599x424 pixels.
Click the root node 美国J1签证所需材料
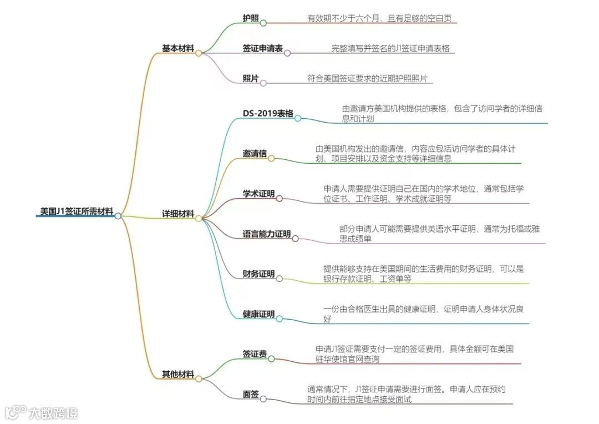click(x=77, y=211)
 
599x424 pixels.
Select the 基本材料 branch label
click(x=177, y=48)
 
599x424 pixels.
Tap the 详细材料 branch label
click(x=177, y=214)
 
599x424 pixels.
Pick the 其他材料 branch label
click(x=177, y=375)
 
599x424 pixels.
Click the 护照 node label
click(x=251, y=18)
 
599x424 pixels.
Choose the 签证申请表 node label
click(x=262, y=49)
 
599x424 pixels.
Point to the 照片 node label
click(x=251, y=79)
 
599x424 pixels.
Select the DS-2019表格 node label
click(x=268, y=114)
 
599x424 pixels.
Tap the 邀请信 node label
click(x=255, y=154)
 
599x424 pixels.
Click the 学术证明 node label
click(x=258, y=194)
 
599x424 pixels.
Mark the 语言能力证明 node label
click(x=266, y=234)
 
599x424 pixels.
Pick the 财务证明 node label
click(x=258, y=274)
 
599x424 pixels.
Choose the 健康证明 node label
click(x=258, y=314)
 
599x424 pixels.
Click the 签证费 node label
click(x=255, y=354)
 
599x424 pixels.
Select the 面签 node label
click(x=251, y=395)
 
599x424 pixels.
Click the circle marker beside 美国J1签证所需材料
click(x=118, y=216)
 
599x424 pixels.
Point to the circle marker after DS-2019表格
click(x=298, y=118)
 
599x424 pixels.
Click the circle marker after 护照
click(x=263, y=23)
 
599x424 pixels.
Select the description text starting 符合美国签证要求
click(x=367, y=79)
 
